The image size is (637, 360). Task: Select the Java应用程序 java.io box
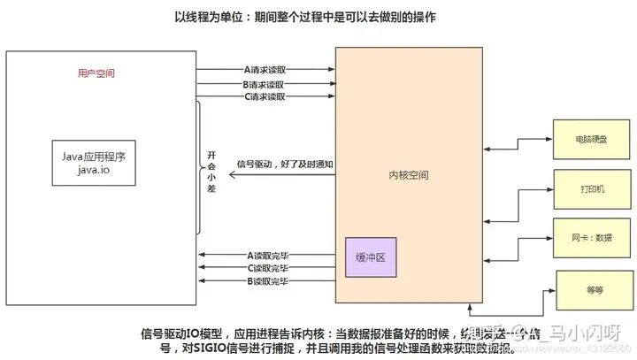(x=95, y=163)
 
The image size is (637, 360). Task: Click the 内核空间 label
(x=409, y=175)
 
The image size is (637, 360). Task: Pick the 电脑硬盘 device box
(x=585, y=140)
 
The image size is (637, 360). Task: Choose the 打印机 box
(x=585, y=189)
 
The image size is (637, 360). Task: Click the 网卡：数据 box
(x=585, y=237)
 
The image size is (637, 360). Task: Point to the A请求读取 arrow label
(x=265, y=68)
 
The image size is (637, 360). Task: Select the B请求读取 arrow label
(x=265, y=83)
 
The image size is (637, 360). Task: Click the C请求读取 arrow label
(x=265, y=96)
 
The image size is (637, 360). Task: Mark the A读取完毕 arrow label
(x=267, y=256)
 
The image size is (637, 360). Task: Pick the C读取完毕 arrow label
(x=267, y=268)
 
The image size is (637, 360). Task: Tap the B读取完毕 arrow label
(x=267, y=281)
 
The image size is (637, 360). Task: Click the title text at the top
(x=318, y=17)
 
